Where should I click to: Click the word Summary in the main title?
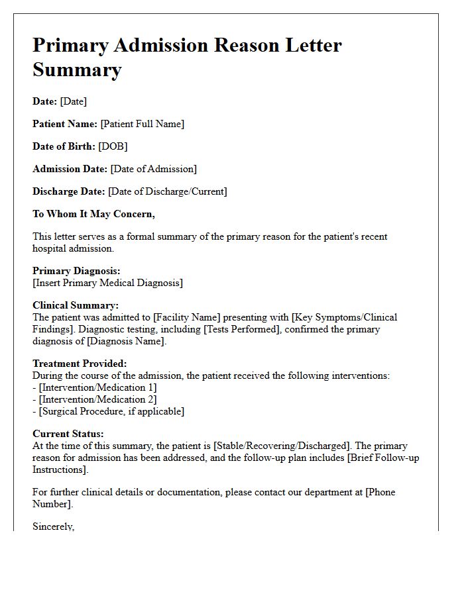[x=77, y=70]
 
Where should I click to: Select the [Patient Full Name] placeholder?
[x=142, y=124]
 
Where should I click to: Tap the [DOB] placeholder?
[x=113, y=146]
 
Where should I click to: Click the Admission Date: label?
[x=70, y=169]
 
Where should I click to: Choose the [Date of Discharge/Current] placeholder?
[x=168, y=191]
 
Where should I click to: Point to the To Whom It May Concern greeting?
[x=93, y=214]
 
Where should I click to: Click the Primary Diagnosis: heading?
[x=76, y=271]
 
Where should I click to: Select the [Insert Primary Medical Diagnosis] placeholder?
[x=107, y=283]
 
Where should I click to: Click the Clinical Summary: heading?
[x=76, y=305]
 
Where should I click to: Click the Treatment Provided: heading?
[x=80, y=364]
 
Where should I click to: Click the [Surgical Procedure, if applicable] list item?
[x=111, y=411]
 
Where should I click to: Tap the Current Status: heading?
[x=68, y=434]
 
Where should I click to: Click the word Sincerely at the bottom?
[x=53, y=526]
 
